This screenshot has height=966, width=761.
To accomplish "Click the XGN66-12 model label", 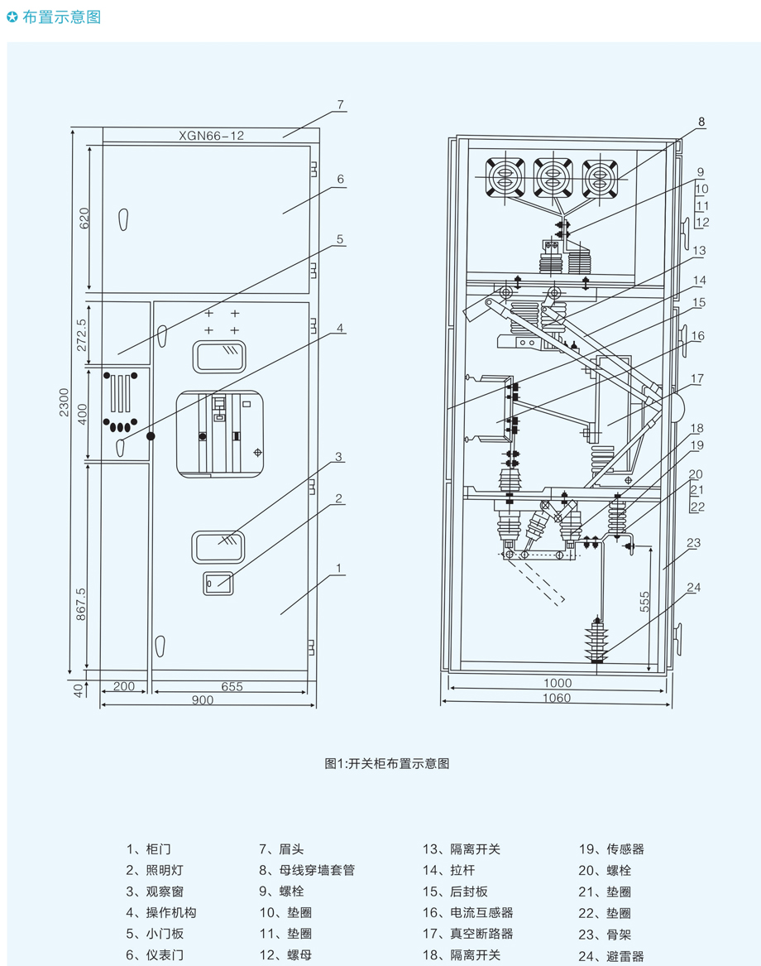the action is pyautogui.click(x=211, y=136).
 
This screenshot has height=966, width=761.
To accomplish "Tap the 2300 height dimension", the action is pyautogui.click(x=64, y=401).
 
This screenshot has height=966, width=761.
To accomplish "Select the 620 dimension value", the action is pyautogui.click(x=84, y=218).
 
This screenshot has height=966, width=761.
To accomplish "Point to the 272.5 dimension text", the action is pyautogui.click(x=82, y=334).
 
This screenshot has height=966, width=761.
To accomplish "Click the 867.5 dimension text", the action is pyautogui.click(x=81, y=603).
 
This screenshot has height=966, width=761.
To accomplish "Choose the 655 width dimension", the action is pyautogui.click(x=232, y=686).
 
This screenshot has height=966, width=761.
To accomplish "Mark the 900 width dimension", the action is pyautogui.click(x=203, y=699).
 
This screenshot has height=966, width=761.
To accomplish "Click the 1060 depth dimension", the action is pyautogui.click(x=557, y=698).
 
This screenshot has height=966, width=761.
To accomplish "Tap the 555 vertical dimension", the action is pyautogui.click(x=644, y=601).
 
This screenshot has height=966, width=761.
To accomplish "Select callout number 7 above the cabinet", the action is pyautogui.click(x=341, y=105).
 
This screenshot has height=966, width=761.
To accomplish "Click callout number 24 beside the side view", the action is pyautogui.click(x=694, y=587).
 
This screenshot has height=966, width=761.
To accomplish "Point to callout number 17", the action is pyautogui.click(x=697, y=378).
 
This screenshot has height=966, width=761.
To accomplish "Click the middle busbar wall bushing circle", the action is pyautogui.click(x=553, y=178).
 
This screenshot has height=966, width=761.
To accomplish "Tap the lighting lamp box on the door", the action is pyautogui.click(x=218, y=583).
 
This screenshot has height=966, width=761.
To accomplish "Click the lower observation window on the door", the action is pyautogui.click(x=218, y=546).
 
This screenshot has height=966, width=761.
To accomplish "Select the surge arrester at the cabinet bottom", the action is pyautogui.click(x=596, y=641).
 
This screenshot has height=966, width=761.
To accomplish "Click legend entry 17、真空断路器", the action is pyautogui.click(x=467, y=934).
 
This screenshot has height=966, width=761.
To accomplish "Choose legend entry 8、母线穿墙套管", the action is pyautogui.click(x=307, y=870).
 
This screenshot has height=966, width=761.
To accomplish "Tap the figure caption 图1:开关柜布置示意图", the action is pyautogui.click(x=386, y=763).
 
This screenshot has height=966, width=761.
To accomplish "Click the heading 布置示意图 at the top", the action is pyautogui.click(x=61, y=17).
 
